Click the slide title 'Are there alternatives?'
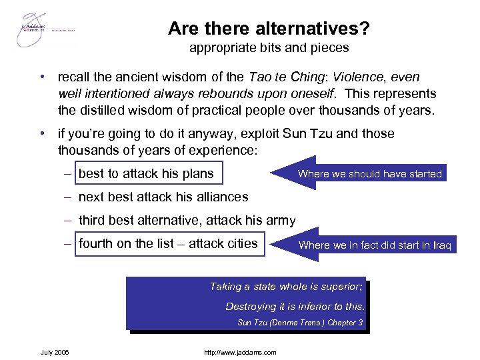[x=269, y=29]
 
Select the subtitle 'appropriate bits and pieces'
[x=269, y=48]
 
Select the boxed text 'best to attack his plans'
[x=147, y=174]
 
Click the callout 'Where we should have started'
[x=369, y=174]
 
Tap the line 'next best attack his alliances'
[x=163, y=197]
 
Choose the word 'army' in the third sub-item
[x=280, y=221]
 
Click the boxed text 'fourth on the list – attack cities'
[x=168, y=244]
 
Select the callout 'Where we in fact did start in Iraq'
[x=375, y=245]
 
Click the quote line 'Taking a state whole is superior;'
[x=287, y=287]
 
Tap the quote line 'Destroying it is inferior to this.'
[x=295, y=307]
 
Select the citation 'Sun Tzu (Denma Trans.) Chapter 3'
[x=300, y=323]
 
